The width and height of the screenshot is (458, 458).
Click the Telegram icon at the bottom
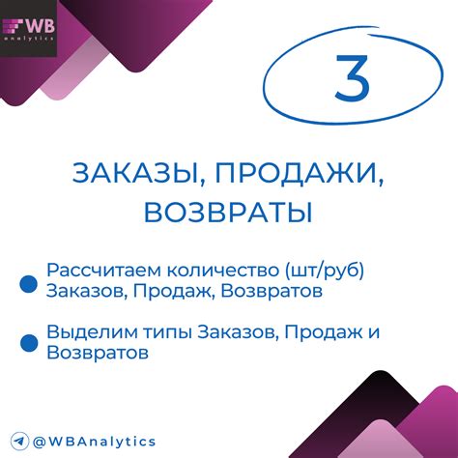[x=18, y=441]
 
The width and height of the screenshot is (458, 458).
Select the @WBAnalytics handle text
[x=95, y=441]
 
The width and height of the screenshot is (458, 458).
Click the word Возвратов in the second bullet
[x=97, y=354]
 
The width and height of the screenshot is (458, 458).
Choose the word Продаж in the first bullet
[x=167, y=290]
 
